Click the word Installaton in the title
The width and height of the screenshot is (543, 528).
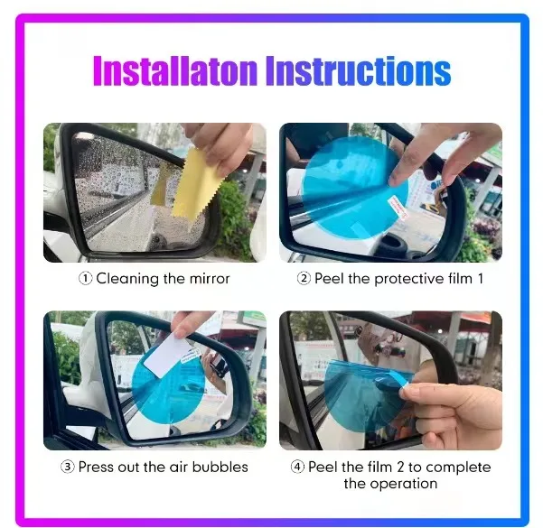tap(174, 70)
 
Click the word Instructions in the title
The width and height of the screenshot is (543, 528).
tap(359, 70)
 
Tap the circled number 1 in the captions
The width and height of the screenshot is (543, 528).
tap(86, 279)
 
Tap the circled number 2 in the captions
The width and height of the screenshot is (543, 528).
tap(304, 279)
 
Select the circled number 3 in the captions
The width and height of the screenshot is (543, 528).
tap(68, 467)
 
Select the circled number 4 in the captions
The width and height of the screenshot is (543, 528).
tap(297, 467)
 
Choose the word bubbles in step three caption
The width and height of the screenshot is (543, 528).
tap(220, 468)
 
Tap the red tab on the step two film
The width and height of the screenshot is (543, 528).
tap(398, 207)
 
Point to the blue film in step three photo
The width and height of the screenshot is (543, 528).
tap(168, 385)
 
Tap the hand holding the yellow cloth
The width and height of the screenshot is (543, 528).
tap(221, 145)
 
